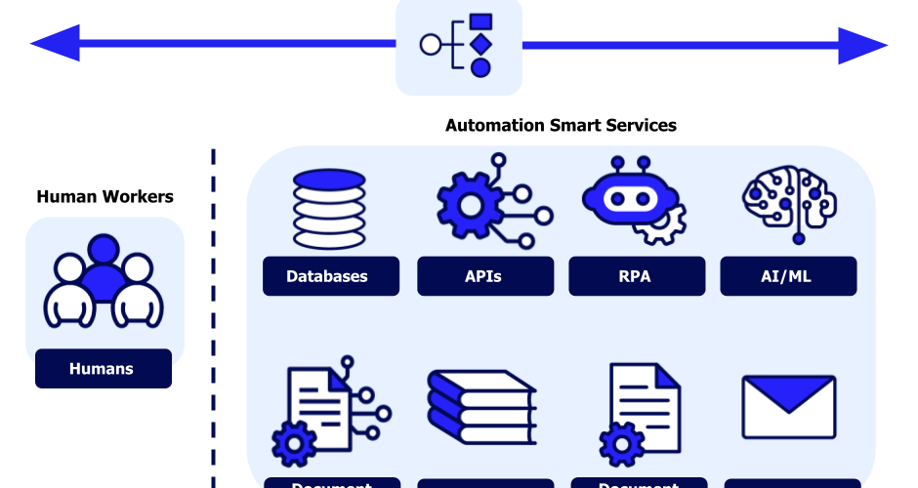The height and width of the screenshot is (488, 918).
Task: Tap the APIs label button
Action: (x=484, y=276)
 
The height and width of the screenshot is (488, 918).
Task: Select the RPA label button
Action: (x=636, y=276)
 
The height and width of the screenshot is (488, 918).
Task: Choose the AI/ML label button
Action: (x=788, y=276)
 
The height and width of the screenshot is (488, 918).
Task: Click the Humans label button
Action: (x=103, y=369)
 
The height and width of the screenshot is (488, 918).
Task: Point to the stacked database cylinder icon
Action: (x=330, y=209)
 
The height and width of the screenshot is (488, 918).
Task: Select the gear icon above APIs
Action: (x=469, y=205)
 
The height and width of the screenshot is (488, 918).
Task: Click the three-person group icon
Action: (x=103, y=282)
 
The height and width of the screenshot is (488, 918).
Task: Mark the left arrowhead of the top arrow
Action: (x=54, y=44)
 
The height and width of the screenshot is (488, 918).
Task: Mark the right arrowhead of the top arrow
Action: (x=863, y=45)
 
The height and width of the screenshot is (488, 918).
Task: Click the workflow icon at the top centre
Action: (x=459, y=45)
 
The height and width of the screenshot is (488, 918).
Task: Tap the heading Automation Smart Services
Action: (x=561, y=126)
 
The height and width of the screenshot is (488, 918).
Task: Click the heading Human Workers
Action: (x=104, y=197)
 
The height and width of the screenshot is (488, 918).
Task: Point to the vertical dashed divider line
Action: (x=214, y=322)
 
